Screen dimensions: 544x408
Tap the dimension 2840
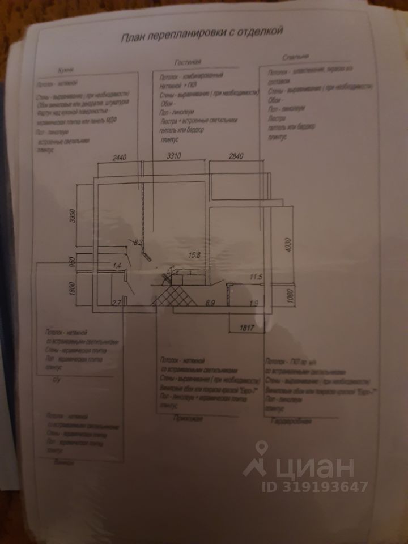[238, 155]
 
